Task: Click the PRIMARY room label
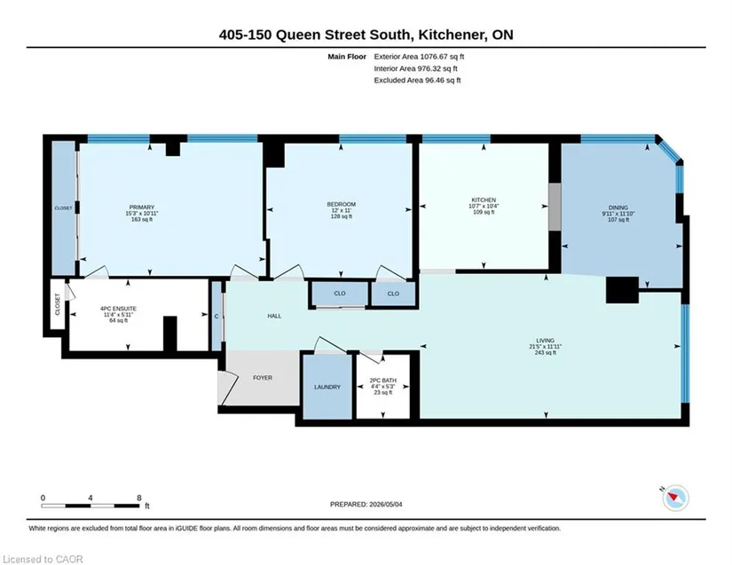point(141,208)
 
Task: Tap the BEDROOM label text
point(342,204)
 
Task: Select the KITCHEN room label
point(484,200)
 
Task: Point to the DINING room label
point(618,208)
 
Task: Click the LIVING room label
point(546,341)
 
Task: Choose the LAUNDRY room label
point(327,387)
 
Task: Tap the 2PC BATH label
point(382,381)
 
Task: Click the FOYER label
point(263,378)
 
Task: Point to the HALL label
point(274,316)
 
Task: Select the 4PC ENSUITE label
point(119,309)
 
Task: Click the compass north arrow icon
point(675,498)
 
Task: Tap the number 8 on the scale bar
point(139,498)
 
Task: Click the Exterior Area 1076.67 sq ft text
point(419,57)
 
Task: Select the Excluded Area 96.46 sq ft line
point(417,80)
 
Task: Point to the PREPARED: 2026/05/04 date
point(366,505)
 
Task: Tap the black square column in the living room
point(622,290)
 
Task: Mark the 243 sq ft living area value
point(546,353)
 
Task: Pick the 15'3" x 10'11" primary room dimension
point(142,213)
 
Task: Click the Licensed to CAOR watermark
point(43,559)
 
